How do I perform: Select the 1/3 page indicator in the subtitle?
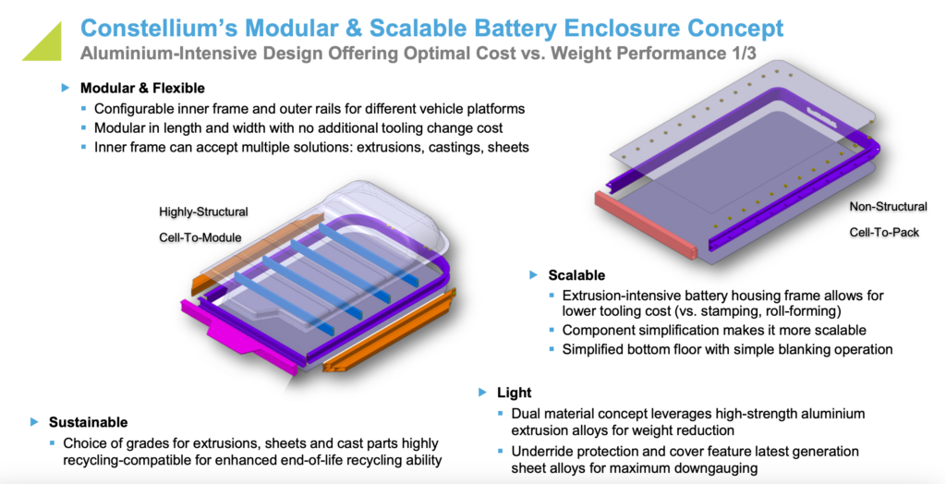click(740, 54)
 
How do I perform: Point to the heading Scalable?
click(576, 275)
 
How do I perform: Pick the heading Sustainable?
click(89, 422)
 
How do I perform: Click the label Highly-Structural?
click(203, 212)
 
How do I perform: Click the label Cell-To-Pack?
click(884, 233)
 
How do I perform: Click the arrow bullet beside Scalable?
click(532, 275)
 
